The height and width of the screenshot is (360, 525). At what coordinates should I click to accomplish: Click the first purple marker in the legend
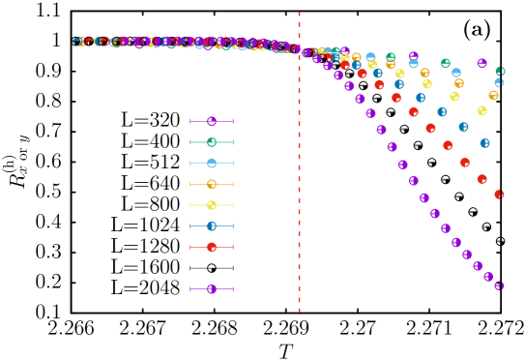[212, 121]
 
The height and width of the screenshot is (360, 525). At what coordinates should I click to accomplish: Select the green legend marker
[212, 142]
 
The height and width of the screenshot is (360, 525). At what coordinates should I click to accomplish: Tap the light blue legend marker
[212, 163]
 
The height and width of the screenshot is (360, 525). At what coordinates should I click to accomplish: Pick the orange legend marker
[212, 184]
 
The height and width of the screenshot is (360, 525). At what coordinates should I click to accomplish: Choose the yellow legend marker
[212, 205]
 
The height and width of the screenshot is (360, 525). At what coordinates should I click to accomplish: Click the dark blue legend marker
[212, 226]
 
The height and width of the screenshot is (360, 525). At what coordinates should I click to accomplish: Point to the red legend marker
[212, 247]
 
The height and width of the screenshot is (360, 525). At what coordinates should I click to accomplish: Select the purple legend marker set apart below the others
[212, 289]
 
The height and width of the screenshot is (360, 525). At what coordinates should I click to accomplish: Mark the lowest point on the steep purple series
[499, 285]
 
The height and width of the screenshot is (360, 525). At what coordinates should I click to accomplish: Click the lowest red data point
[499, 195]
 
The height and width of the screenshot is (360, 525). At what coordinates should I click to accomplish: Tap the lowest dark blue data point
[484, 143]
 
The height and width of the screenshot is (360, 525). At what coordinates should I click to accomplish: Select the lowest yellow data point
[481, 110]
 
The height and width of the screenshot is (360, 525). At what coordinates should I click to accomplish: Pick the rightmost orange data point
[493, 95]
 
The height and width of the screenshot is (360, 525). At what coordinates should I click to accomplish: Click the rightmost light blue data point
[499, 82]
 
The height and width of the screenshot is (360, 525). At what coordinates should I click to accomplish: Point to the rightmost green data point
[500, 71]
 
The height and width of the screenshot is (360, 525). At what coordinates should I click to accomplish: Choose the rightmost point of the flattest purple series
[481, 63]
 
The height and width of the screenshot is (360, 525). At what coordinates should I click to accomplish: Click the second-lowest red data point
[481, 179]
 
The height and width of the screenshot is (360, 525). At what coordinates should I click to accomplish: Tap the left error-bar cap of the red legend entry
[190, 247]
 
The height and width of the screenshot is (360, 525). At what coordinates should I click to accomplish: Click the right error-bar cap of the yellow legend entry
[233, 205]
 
